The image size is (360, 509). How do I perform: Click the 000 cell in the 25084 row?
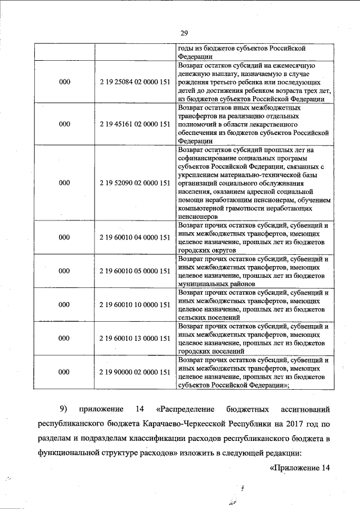tap(65, 83)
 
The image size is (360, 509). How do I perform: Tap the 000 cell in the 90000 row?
tap(65, 372)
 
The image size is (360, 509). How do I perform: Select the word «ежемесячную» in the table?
tap(302, 66)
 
